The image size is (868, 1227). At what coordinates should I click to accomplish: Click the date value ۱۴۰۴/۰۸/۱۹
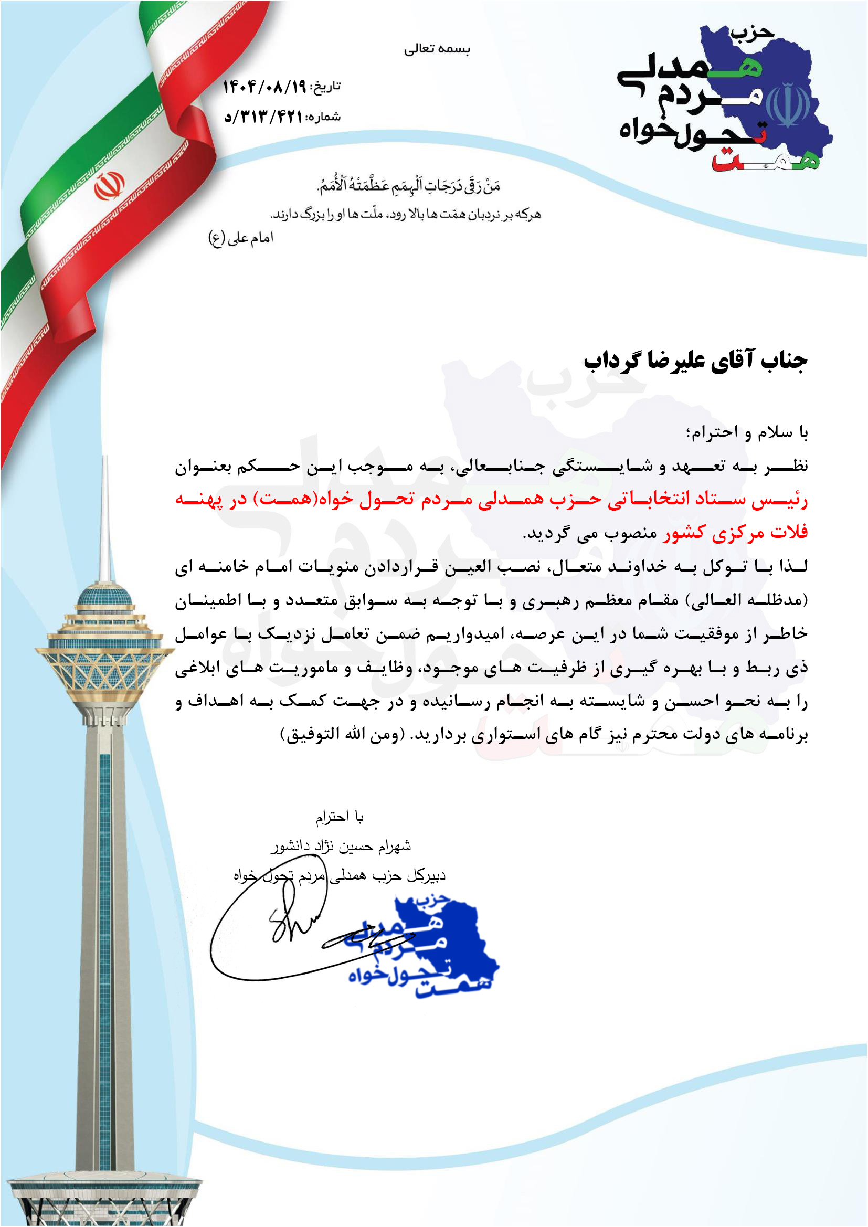264,87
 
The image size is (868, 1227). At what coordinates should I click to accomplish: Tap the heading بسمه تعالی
437,49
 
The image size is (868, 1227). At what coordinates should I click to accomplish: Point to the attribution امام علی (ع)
240,238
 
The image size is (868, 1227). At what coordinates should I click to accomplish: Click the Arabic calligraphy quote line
409,185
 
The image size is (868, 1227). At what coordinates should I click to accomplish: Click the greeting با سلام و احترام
747,432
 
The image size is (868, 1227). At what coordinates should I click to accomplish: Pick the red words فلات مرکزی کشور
735,532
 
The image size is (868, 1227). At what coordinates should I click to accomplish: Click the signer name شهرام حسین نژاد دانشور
341,846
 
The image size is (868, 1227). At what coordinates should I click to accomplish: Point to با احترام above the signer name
340,817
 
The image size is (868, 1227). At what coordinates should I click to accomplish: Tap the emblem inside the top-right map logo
787,105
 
